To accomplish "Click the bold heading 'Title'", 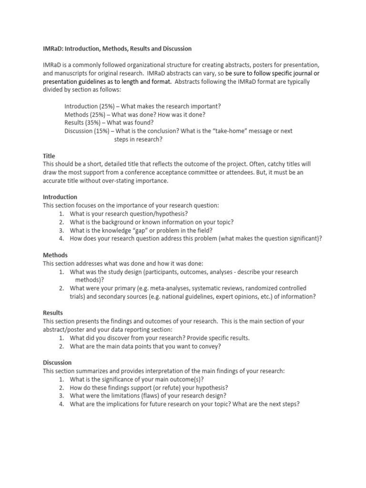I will click(x=49, y=156).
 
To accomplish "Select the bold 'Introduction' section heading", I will click(x=60, y=197).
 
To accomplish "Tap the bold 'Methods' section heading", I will click(x=55, y=255).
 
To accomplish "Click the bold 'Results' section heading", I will click(x=53, y=313).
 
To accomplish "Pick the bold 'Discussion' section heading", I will click(x=57, y=363).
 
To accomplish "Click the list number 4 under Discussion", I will click(x=62, y=404).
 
